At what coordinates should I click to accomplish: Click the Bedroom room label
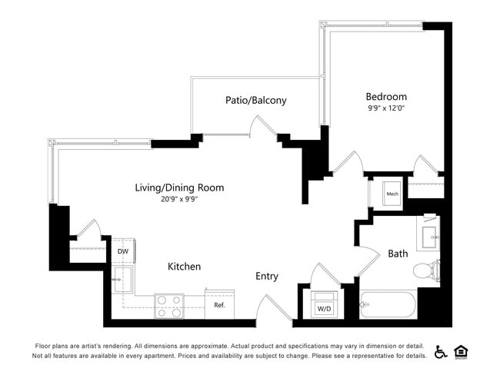click(x=385, y=97)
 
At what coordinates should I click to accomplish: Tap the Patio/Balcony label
click(x=255, y=100)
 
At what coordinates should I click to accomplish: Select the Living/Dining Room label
click(x=179, y=187)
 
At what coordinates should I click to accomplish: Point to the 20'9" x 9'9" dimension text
click(x=179, y=200)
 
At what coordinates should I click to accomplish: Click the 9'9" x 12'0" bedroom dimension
click(x=385, y=108)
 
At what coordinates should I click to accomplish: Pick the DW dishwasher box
click(x=123, y=251)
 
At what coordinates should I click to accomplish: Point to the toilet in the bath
click(x=425, y=270)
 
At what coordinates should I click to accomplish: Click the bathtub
click(x=388, y=305)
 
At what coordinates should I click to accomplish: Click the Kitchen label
click(x=185, y=267)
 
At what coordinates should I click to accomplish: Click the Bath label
click(x=398, y=254)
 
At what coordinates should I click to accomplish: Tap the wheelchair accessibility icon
click(x=441, y=351)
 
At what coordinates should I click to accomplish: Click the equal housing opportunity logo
click(x=462, y=351)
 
